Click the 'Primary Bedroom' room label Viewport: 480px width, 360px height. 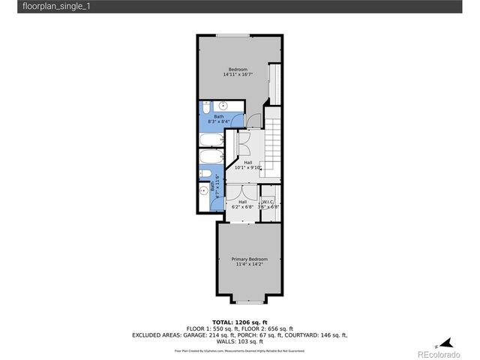pyautogui.click(x=249, y=259)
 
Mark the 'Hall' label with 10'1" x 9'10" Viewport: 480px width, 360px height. pyautogui.click(x=247, y=164)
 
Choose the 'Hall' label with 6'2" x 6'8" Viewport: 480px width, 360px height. pyautogui.click(x=242, y=204)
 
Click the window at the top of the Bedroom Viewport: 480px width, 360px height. pyautogui.click(x=233, y=35)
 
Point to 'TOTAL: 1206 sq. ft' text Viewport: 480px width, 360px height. pyautogui.click(x=239, y=321)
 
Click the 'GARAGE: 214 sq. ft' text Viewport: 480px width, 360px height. pyautogui.click(x=209, y=334)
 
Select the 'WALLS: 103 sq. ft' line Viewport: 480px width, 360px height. pyautogui.click(x=239, y=341)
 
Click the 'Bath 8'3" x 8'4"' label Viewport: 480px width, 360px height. pyautogui.click(x=218, y=118)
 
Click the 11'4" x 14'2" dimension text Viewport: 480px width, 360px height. pyautogui.click(x=249, y=264)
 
